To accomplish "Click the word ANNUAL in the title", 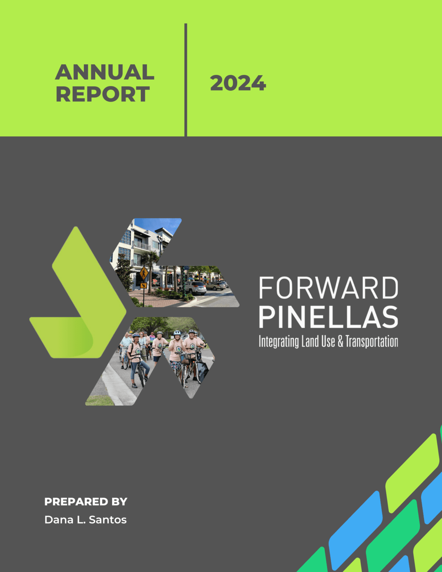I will click(x=105, y=72).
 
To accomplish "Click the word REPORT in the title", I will click(x=103, y=94).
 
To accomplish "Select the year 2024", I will click(x=238, y=83).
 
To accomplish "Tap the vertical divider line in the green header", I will click(x=185, y=80).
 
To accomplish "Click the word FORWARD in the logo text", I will click(x=328, y=288).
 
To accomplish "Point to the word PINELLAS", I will click(x=328, y=317).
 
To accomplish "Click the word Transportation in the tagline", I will click(x=372, y=341).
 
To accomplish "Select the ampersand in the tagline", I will click(x=340, y=341).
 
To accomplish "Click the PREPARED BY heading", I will click(x=86, y=502).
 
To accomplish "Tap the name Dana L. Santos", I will click(x=85, y=520).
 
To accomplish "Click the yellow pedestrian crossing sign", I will click(x=144, y=274).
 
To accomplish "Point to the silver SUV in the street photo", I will click(x=195, y=288).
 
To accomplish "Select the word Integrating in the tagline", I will click(x=279, y=341).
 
